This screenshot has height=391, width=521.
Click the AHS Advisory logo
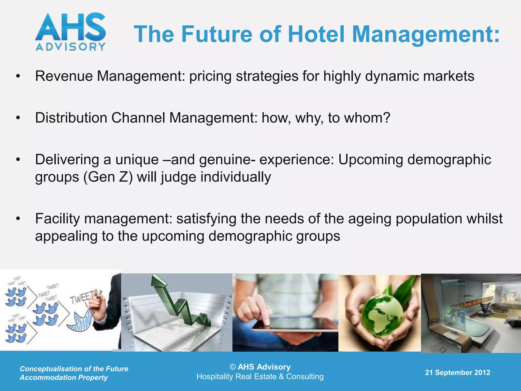70,32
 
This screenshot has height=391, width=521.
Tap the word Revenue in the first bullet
64,76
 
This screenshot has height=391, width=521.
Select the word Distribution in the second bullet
71,118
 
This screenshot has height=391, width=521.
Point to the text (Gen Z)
108,177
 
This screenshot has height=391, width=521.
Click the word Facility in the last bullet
57,219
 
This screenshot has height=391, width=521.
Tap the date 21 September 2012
457,372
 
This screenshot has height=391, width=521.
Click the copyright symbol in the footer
233,367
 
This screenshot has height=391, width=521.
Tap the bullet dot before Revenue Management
18,76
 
